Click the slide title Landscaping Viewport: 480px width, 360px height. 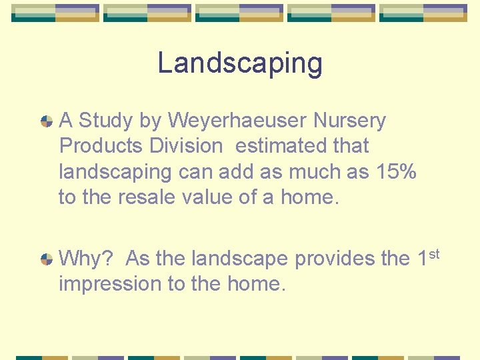click(240, 63)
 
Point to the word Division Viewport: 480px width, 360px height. click(185, 145)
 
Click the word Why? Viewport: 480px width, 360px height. click(84, 258)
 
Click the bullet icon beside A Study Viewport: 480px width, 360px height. click(47, 121)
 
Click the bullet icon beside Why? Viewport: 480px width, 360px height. click(47, 259)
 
